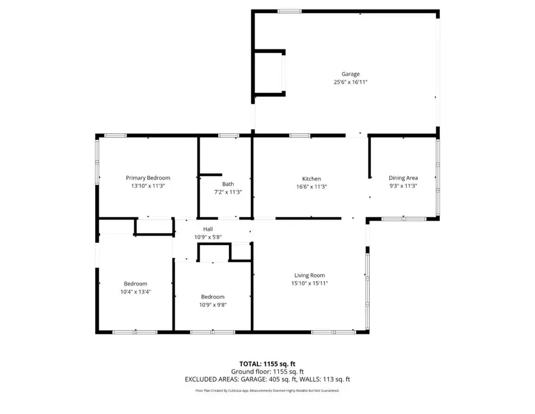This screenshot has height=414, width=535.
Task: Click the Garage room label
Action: [x=350, y=74]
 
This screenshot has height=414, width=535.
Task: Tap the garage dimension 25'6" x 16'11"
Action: [x=350, y=83]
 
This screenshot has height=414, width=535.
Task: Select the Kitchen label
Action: [x=311, y=178]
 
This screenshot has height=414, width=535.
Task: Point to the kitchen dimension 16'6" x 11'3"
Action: [x=311, y=187]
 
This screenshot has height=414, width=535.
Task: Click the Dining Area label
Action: [x=403, y=178]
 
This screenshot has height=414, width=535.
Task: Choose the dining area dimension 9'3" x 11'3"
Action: [x=403, y=186]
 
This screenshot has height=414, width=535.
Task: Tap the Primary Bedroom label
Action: [x=148, y=178]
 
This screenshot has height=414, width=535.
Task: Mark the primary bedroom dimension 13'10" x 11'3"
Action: [x=148, y=186]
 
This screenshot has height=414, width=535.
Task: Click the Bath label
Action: [x=228, y=184]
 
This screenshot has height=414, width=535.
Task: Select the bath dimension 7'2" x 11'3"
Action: [x=228, y=192]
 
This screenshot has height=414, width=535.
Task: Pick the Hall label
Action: [x=208, y=229]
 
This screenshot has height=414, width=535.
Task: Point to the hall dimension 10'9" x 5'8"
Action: [x=208, y=237]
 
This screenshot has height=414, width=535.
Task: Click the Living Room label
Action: [x=310, y=275]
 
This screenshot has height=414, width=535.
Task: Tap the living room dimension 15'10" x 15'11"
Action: [x=310, y=283]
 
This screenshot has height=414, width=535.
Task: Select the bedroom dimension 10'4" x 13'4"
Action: [x=136, y=291]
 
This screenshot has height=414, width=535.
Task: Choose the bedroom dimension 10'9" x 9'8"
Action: [x=213, y=305]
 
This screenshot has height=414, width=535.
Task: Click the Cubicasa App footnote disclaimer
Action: [x=267, y=391]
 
